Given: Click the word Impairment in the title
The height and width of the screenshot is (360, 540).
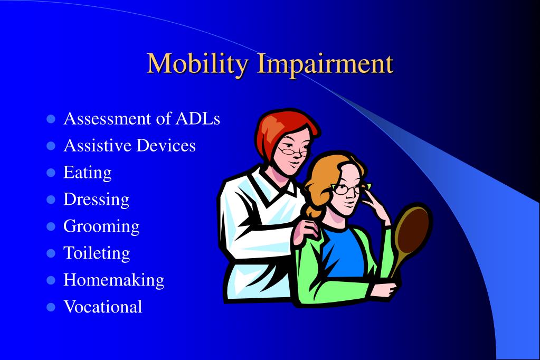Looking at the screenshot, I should tap(325, 64).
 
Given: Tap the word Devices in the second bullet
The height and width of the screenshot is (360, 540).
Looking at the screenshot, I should tap(166, 145).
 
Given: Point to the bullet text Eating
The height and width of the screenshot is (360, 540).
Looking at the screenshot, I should tap(87, 173).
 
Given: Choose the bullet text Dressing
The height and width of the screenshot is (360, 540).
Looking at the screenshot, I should tap(96, 200).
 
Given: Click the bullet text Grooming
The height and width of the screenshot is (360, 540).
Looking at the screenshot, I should tap(101, 226).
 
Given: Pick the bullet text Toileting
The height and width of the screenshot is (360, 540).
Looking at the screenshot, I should tap(97, 253).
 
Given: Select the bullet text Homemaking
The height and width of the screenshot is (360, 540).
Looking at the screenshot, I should tap(113, 280).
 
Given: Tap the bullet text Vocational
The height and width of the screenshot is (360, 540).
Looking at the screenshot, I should tap(102, 307).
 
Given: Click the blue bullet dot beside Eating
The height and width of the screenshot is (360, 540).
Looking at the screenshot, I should tap(51, 173).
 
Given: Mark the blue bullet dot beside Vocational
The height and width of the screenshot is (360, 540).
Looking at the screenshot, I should tap(51, 307).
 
